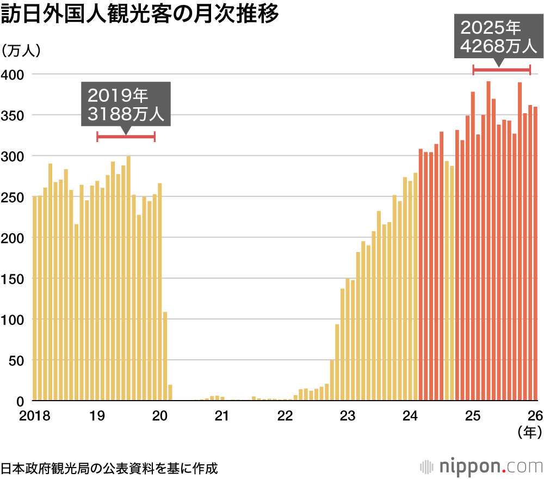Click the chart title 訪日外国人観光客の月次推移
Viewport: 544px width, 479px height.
pos(140,15)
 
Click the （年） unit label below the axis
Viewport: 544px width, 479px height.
pos(529,433)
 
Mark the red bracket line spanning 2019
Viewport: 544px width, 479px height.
pos(126,136)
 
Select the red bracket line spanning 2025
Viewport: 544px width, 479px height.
pos(501,69)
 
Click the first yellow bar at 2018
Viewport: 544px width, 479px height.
pos(35,298)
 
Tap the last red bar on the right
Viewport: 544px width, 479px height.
pos(535,254)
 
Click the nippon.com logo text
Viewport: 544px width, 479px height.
pos(490,466)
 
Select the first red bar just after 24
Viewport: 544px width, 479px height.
pos(421,275)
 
